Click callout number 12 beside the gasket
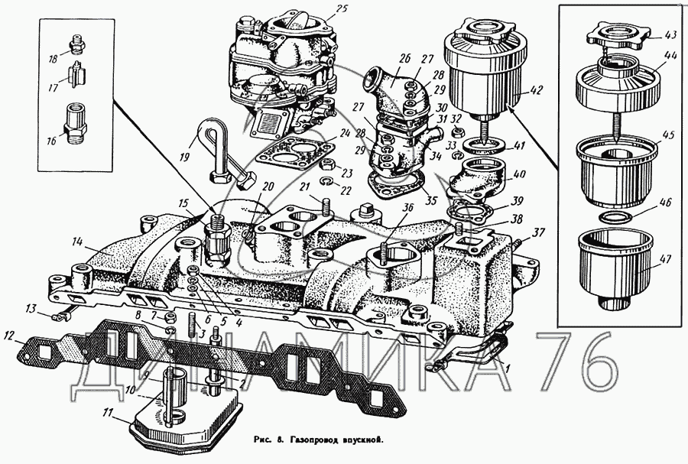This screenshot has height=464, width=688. [x=10, y=333]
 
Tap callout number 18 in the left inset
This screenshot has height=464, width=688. [x=53, y=59]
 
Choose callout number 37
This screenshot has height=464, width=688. [x=538, y=232]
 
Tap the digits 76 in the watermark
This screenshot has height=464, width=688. [x=587, y=365]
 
